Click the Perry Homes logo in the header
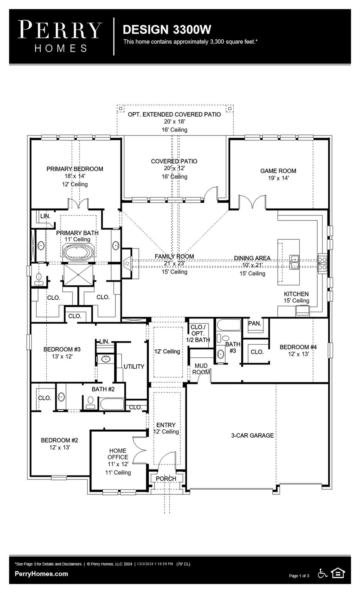60,36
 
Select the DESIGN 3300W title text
167,30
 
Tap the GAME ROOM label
278,171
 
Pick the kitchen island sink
294,261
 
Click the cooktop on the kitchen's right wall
323,263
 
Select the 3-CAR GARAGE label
252,435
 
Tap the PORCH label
166,479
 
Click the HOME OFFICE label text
118,454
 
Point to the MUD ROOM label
201,369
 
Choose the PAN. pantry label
255,324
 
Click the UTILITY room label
134,366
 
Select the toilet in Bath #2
91,402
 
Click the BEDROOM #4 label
298,347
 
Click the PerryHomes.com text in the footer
41,574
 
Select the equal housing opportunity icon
338,573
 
